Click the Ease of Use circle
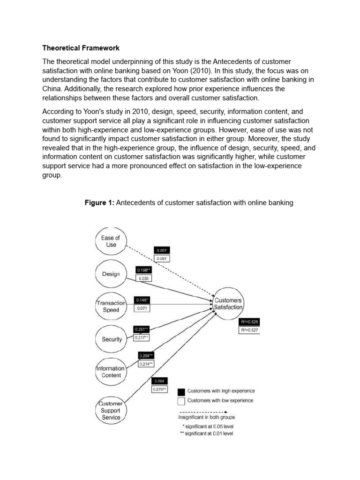[111, 241]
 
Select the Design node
[111, 274]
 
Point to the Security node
[111, 339]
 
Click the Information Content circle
[111, 372]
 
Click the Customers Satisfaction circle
[228, 304]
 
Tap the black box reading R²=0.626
[248, 322]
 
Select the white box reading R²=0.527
[248, 330]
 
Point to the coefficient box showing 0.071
[143, 308]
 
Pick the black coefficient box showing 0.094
[159, 381]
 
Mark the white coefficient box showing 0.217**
[142, 337]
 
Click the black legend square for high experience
[181, 392]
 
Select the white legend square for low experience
[181, 401]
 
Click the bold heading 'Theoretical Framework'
[81, 48]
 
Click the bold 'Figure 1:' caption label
[99, 202]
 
